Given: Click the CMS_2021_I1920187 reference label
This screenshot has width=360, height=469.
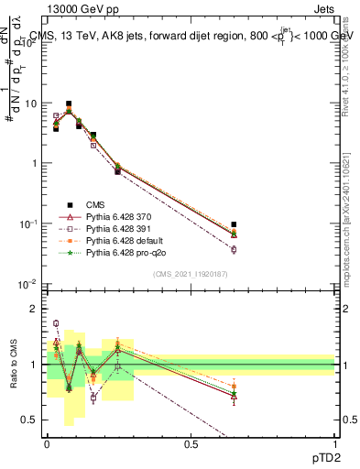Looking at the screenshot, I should [x=191, y=274].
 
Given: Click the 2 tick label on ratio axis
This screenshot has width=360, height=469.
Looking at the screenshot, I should [x=34, y=309].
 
